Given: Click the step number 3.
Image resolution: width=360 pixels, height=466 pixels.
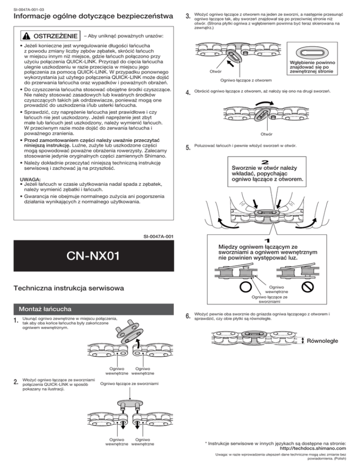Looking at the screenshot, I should (188, 17).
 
